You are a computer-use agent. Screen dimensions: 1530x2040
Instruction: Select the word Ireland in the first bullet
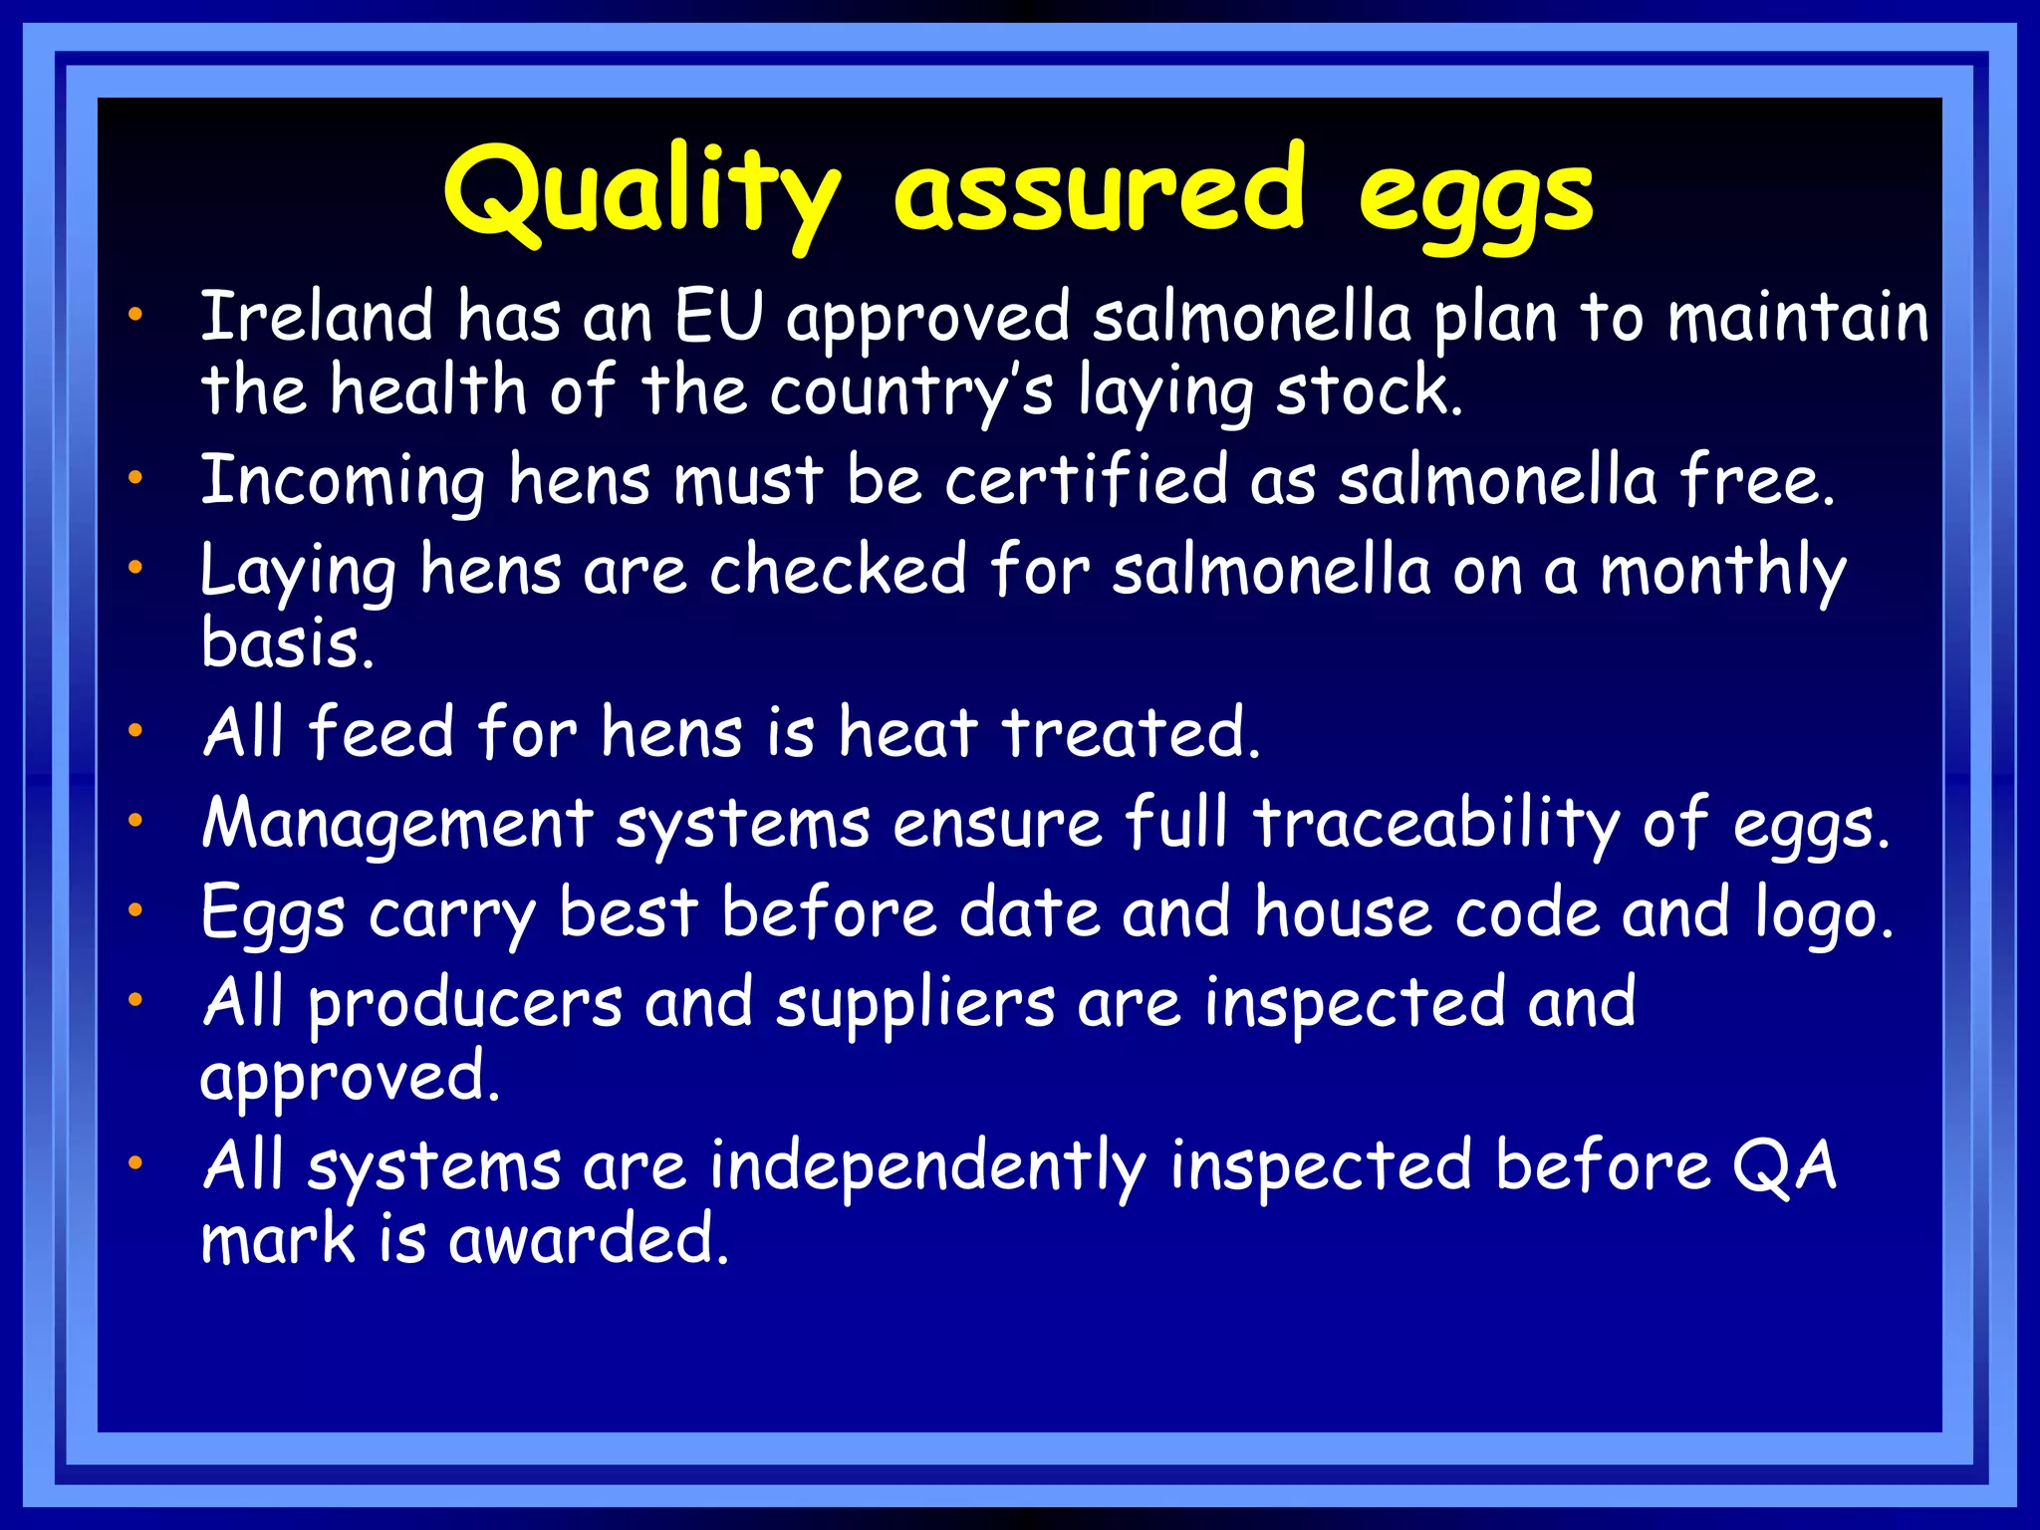(317, 317)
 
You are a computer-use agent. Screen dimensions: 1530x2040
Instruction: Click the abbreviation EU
(718, 317)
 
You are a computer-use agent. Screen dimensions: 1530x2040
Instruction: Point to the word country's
(910, 391)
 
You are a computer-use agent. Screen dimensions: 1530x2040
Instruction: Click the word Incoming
(343, 482)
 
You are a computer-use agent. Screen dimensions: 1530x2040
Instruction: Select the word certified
(1086, 480)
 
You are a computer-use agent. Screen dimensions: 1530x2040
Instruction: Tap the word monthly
(1722, 573)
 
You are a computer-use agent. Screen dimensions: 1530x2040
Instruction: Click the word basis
(287, 643)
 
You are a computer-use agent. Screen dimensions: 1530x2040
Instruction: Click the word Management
(397, 825)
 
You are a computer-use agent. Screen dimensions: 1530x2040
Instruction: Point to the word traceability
(1435, 825)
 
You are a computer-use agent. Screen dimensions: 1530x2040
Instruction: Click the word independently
(927, 1167)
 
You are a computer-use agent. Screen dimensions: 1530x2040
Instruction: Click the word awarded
(588, 1240)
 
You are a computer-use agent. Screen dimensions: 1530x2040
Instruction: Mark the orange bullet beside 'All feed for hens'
(135, 731)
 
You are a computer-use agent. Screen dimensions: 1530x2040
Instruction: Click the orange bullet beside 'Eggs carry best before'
(135, 909)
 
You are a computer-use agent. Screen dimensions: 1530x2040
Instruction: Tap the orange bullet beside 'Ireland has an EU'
(135, 317)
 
